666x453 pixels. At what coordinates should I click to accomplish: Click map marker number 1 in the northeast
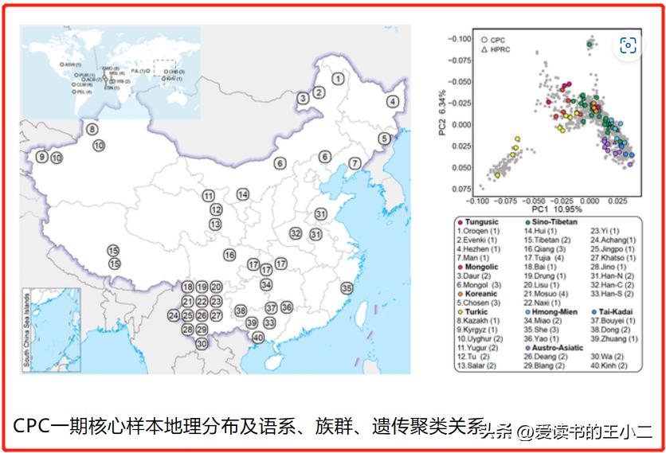pos(339,78)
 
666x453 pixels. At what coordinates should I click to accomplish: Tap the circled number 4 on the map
pos(393,101)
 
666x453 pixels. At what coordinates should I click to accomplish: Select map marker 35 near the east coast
pos(347,287)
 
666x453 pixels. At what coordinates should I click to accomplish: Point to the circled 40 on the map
pos(257,337)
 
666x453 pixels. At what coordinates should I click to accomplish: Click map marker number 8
pos(92,129)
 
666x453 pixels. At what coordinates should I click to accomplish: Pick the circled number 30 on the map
pos(202,343)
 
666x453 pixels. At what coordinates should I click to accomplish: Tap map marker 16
pos(229,255)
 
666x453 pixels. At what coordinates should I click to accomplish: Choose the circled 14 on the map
pos(242,194)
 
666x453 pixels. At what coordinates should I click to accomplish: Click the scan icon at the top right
pos(628,45)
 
